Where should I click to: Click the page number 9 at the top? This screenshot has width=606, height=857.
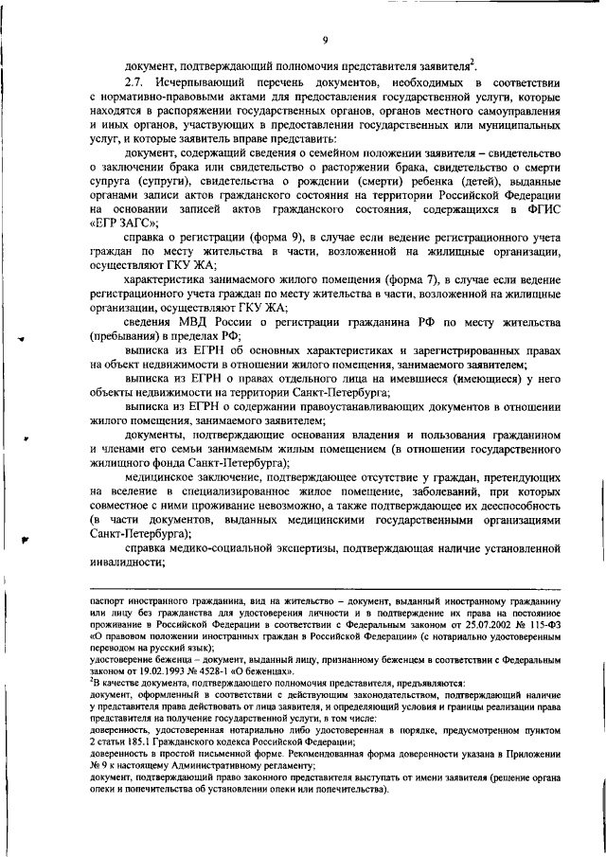point(324,39)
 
